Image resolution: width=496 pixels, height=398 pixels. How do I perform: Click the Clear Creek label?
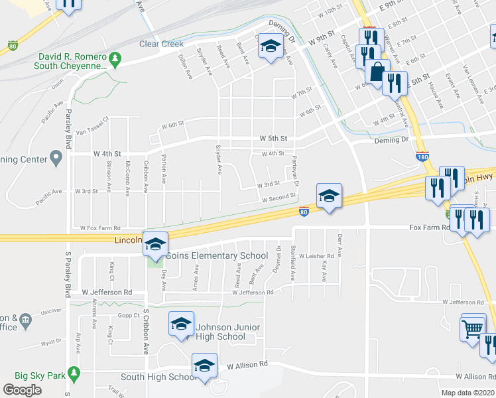point(161,44)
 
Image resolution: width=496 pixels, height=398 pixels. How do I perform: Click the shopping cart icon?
point(473,328)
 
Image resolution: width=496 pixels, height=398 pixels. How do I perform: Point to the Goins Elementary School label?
point(217,256)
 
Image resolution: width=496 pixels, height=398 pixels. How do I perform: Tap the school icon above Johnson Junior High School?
point(181,324)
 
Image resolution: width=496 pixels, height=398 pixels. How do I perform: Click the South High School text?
point(158,377)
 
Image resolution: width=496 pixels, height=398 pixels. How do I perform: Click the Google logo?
point(23,390)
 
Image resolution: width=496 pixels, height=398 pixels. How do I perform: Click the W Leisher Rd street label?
point(316,255)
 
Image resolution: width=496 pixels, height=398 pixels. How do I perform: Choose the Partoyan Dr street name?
point(295,170)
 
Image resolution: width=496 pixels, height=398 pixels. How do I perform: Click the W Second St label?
point(279,198)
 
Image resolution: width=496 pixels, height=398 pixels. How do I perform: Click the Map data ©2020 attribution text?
point(467,393)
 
